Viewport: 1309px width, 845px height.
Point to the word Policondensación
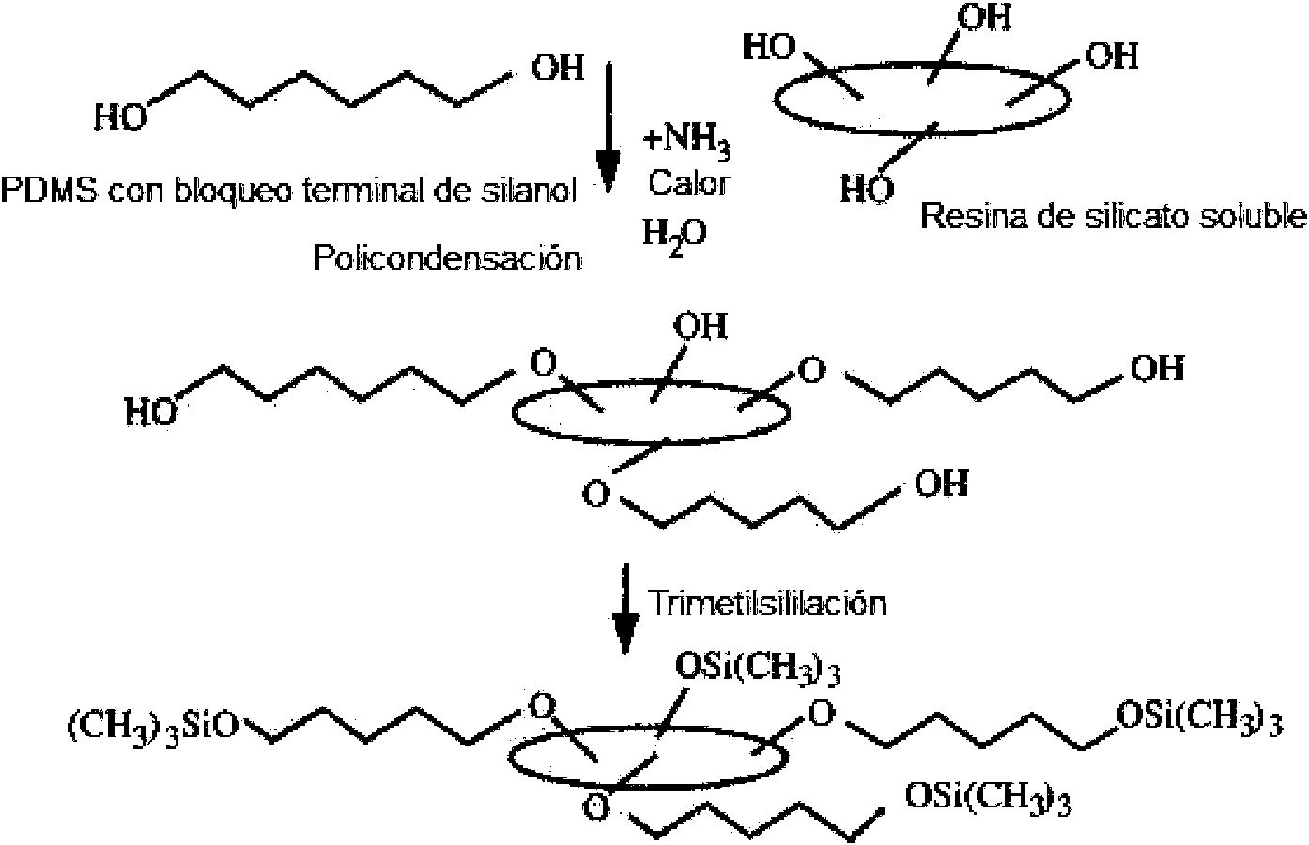click(448, 258)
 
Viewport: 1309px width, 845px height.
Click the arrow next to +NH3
click(608, 128)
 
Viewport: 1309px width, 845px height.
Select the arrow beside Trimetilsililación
click(624, 608)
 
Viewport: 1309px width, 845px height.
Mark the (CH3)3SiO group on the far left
click(154, 727)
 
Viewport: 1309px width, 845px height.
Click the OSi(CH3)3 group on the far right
click(1199, 719)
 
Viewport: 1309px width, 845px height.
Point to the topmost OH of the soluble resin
click(984, 18)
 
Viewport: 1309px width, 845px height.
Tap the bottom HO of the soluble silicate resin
click(868, 189)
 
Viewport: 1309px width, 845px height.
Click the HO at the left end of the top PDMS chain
click(121, 116)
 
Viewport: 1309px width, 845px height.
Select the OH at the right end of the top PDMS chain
click(558, 68)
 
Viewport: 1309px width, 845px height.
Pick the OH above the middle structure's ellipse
click(701, 326)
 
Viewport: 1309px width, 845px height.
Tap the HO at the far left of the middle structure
click(151, 411)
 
